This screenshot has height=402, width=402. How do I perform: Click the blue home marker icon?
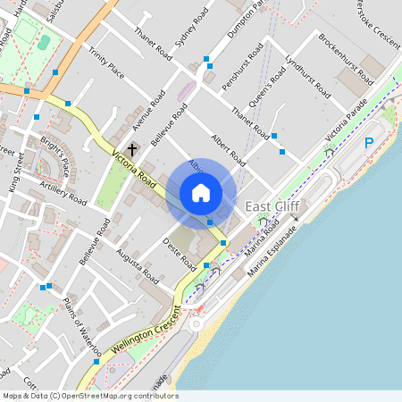click(x=201, y=193)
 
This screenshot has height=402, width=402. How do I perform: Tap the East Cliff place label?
click(x=272, y=206)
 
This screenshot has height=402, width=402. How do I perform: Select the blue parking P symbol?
click(x=369, y=143)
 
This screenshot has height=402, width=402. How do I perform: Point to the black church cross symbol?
click(x=133, y=149)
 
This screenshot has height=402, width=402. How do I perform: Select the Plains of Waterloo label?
click(x=82, y=327)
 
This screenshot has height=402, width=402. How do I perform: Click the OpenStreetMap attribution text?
click(x=89, y=396)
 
